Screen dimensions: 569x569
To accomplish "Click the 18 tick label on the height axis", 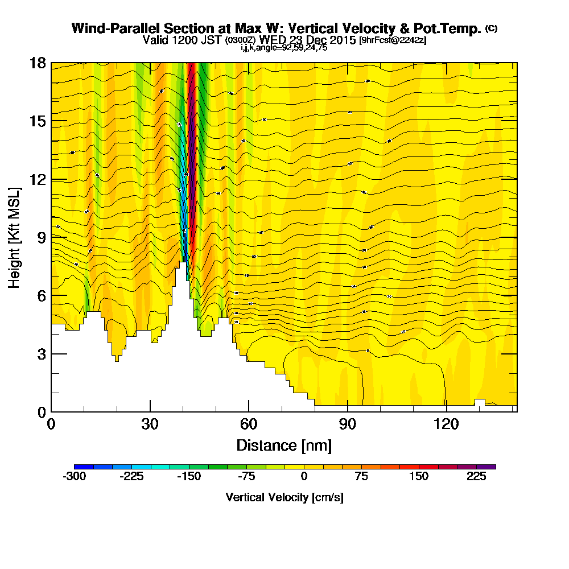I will (38, 63).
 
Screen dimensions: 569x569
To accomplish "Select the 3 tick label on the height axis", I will (41, 353).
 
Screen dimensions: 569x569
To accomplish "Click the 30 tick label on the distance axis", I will (150, 424).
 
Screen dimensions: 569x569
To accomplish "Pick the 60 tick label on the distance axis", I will (249, 424).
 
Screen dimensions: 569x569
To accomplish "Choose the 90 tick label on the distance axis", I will (348, 424).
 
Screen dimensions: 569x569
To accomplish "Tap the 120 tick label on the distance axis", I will (446, 424).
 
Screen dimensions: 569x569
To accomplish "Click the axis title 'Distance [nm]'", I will (284, 444).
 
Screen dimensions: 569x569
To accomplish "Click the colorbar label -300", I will (74, 477).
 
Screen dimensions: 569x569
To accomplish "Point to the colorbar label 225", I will (477, 477).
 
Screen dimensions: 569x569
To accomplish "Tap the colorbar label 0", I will (304, 477).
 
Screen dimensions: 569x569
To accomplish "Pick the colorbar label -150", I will (189, 477).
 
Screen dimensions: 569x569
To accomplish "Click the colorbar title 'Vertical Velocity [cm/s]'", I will (284, 497).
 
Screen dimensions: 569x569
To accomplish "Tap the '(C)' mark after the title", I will (491, 28).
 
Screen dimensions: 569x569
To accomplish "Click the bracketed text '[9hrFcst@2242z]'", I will (393, 40).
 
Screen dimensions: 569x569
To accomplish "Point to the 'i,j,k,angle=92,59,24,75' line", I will (284, 48).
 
